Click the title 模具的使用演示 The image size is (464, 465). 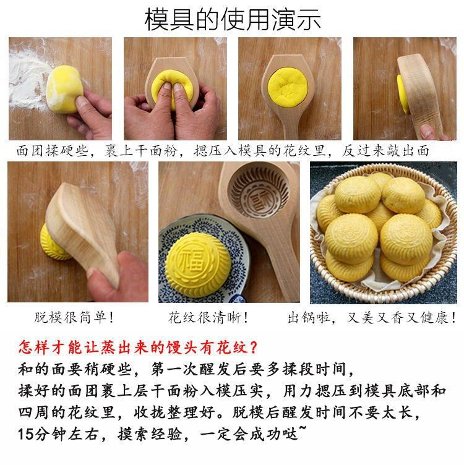pos(233,19)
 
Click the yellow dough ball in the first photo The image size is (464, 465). pos(63,89)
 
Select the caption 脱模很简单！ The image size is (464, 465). pos(74,318)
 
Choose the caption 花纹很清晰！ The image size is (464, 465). pos(208,318)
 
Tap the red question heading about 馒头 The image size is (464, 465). pos(138,348)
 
